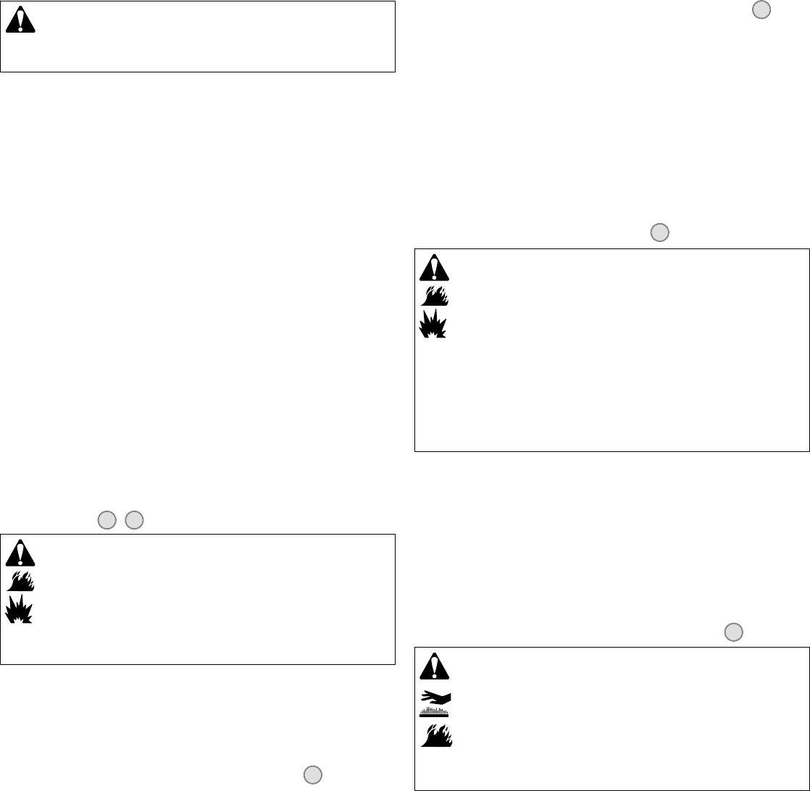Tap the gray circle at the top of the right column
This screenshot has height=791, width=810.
pos(761,9)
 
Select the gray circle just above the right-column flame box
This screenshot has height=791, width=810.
pos(659,232)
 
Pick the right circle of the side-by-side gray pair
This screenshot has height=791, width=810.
pos(133,519)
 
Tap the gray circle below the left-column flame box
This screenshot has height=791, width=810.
pos(312,774)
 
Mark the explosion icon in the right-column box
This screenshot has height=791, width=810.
pos(434,324)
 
